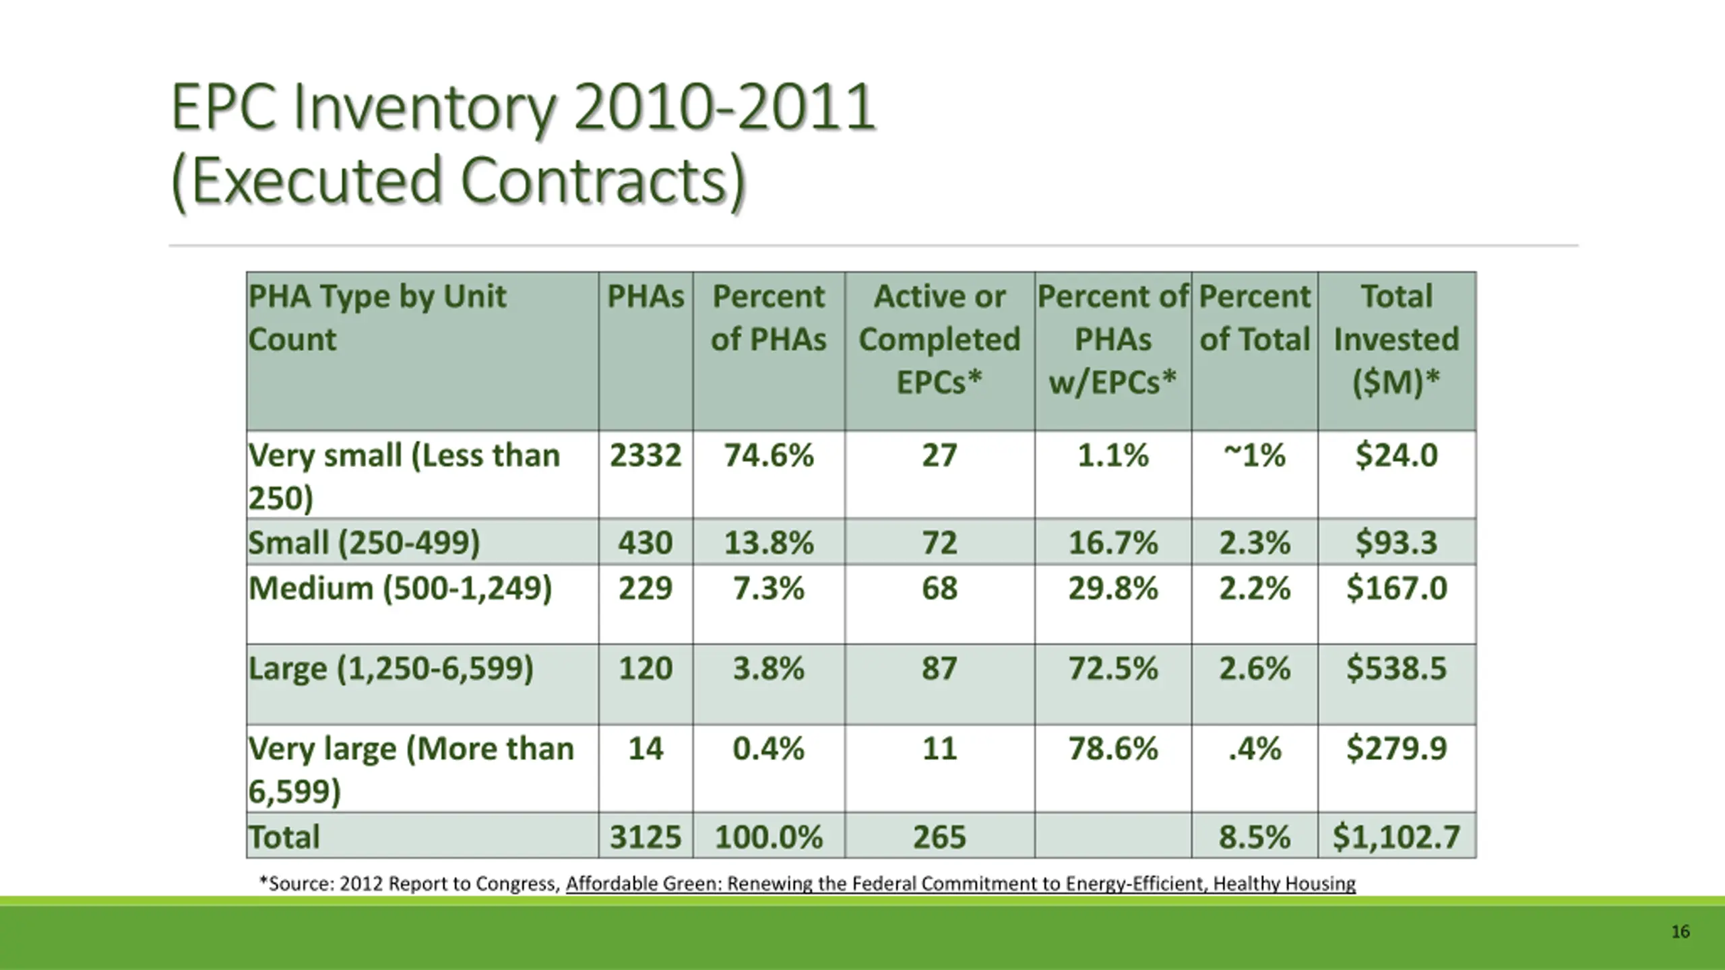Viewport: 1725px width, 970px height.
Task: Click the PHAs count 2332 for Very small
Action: (646, 455)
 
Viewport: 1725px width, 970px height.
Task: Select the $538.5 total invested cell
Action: (1396, 668)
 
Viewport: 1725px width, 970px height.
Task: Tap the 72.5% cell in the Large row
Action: (1112, 668)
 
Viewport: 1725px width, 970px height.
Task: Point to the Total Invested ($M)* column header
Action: (1396, 339)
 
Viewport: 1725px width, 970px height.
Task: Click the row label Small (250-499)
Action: (364, 542)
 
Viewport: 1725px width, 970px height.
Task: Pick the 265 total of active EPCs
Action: (939, 837)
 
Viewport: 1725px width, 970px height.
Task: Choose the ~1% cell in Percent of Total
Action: (1254, 455)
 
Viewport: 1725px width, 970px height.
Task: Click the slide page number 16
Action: (1680, 932)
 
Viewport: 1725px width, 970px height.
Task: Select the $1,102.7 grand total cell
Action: (1396, 837)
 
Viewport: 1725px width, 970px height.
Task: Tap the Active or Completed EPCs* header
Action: (939, 339)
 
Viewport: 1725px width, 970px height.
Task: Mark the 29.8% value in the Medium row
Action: (1112, 588)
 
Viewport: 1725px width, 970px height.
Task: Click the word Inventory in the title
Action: (425, 108)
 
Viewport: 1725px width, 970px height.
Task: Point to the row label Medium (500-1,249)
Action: (400, 588)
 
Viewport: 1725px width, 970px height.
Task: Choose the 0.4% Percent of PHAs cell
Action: (768, 748)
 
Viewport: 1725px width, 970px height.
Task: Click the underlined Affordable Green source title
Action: (960, 883)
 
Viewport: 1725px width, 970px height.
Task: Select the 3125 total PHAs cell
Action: (646, 837)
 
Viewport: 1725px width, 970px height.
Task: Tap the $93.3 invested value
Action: (1396, 542)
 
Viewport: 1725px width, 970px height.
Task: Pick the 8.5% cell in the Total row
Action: (1254, 837)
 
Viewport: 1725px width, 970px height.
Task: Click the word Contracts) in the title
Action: (603, 181)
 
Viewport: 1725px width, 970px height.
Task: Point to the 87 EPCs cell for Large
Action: (939, 668)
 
